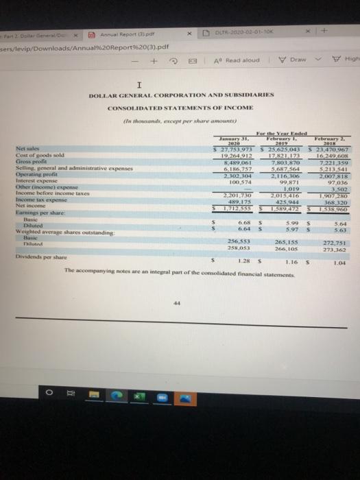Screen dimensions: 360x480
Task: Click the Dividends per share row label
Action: (x=90, y=261)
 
